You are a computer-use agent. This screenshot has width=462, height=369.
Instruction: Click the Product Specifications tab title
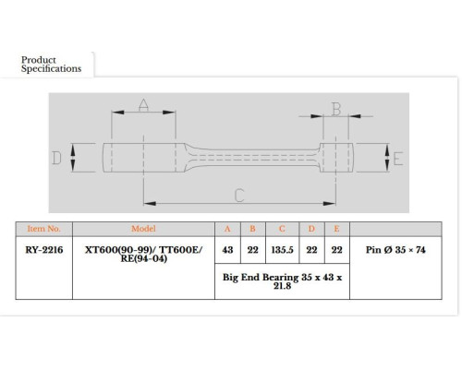[x=51, y=65]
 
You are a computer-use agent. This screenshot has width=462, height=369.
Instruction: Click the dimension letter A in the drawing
[x=143, y=105]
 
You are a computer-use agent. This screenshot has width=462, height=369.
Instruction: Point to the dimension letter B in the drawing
[x=336, y=109]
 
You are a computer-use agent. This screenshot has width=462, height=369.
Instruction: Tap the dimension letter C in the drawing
[x=239, y=196]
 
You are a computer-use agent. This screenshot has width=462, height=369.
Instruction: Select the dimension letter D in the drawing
[x=56, y=158]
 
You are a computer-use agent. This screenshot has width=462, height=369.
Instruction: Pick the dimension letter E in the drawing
[x=398, y=159]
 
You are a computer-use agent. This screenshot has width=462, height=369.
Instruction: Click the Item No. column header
[x=43, y=229]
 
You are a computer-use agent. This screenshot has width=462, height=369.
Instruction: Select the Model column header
[x=143, y=229]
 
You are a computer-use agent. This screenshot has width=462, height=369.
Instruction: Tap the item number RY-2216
[x=44, y=250]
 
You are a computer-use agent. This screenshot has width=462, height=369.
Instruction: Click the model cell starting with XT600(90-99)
[x=144, y=254]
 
